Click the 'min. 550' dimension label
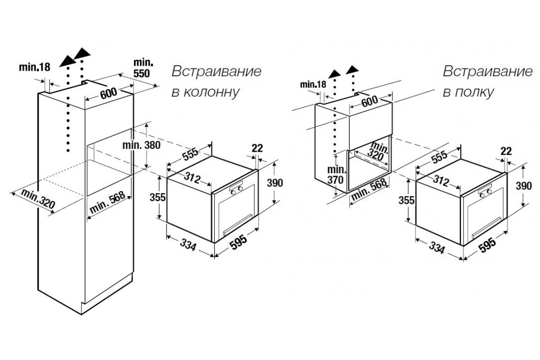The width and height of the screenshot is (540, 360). [143, 68]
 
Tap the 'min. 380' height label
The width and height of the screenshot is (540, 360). [141, 145]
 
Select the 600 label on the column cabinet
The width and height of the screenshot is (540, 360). [108, 93]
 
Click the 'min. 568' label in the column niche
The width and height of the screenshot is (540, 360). [108, 202]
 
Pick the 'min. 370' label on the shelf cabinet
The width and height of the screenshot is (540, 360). [337, 175]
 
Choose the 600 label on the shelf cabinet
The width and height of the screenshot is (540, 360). [369, 101]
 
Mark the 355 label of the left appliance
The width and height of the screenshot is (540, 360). [157, 198]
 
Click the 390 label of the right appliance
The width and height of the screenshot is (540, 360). [524, 186]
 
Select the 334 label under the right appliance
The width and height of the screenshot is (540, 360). [437, 247]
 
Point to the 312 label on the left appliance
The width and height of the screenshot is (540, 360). [193, 178]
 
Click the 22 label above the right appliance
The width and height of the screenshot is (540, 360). [506, 151]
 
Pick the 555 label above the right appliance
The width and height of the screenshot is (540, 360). [439, 157]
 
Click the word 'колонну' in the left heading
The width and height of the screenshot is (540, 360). [211, 92]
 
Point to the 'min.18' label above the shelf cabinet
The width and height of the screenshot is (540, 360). [313, 85]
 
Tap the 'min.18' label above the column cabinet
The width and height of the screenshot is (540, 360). [35, 67]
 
